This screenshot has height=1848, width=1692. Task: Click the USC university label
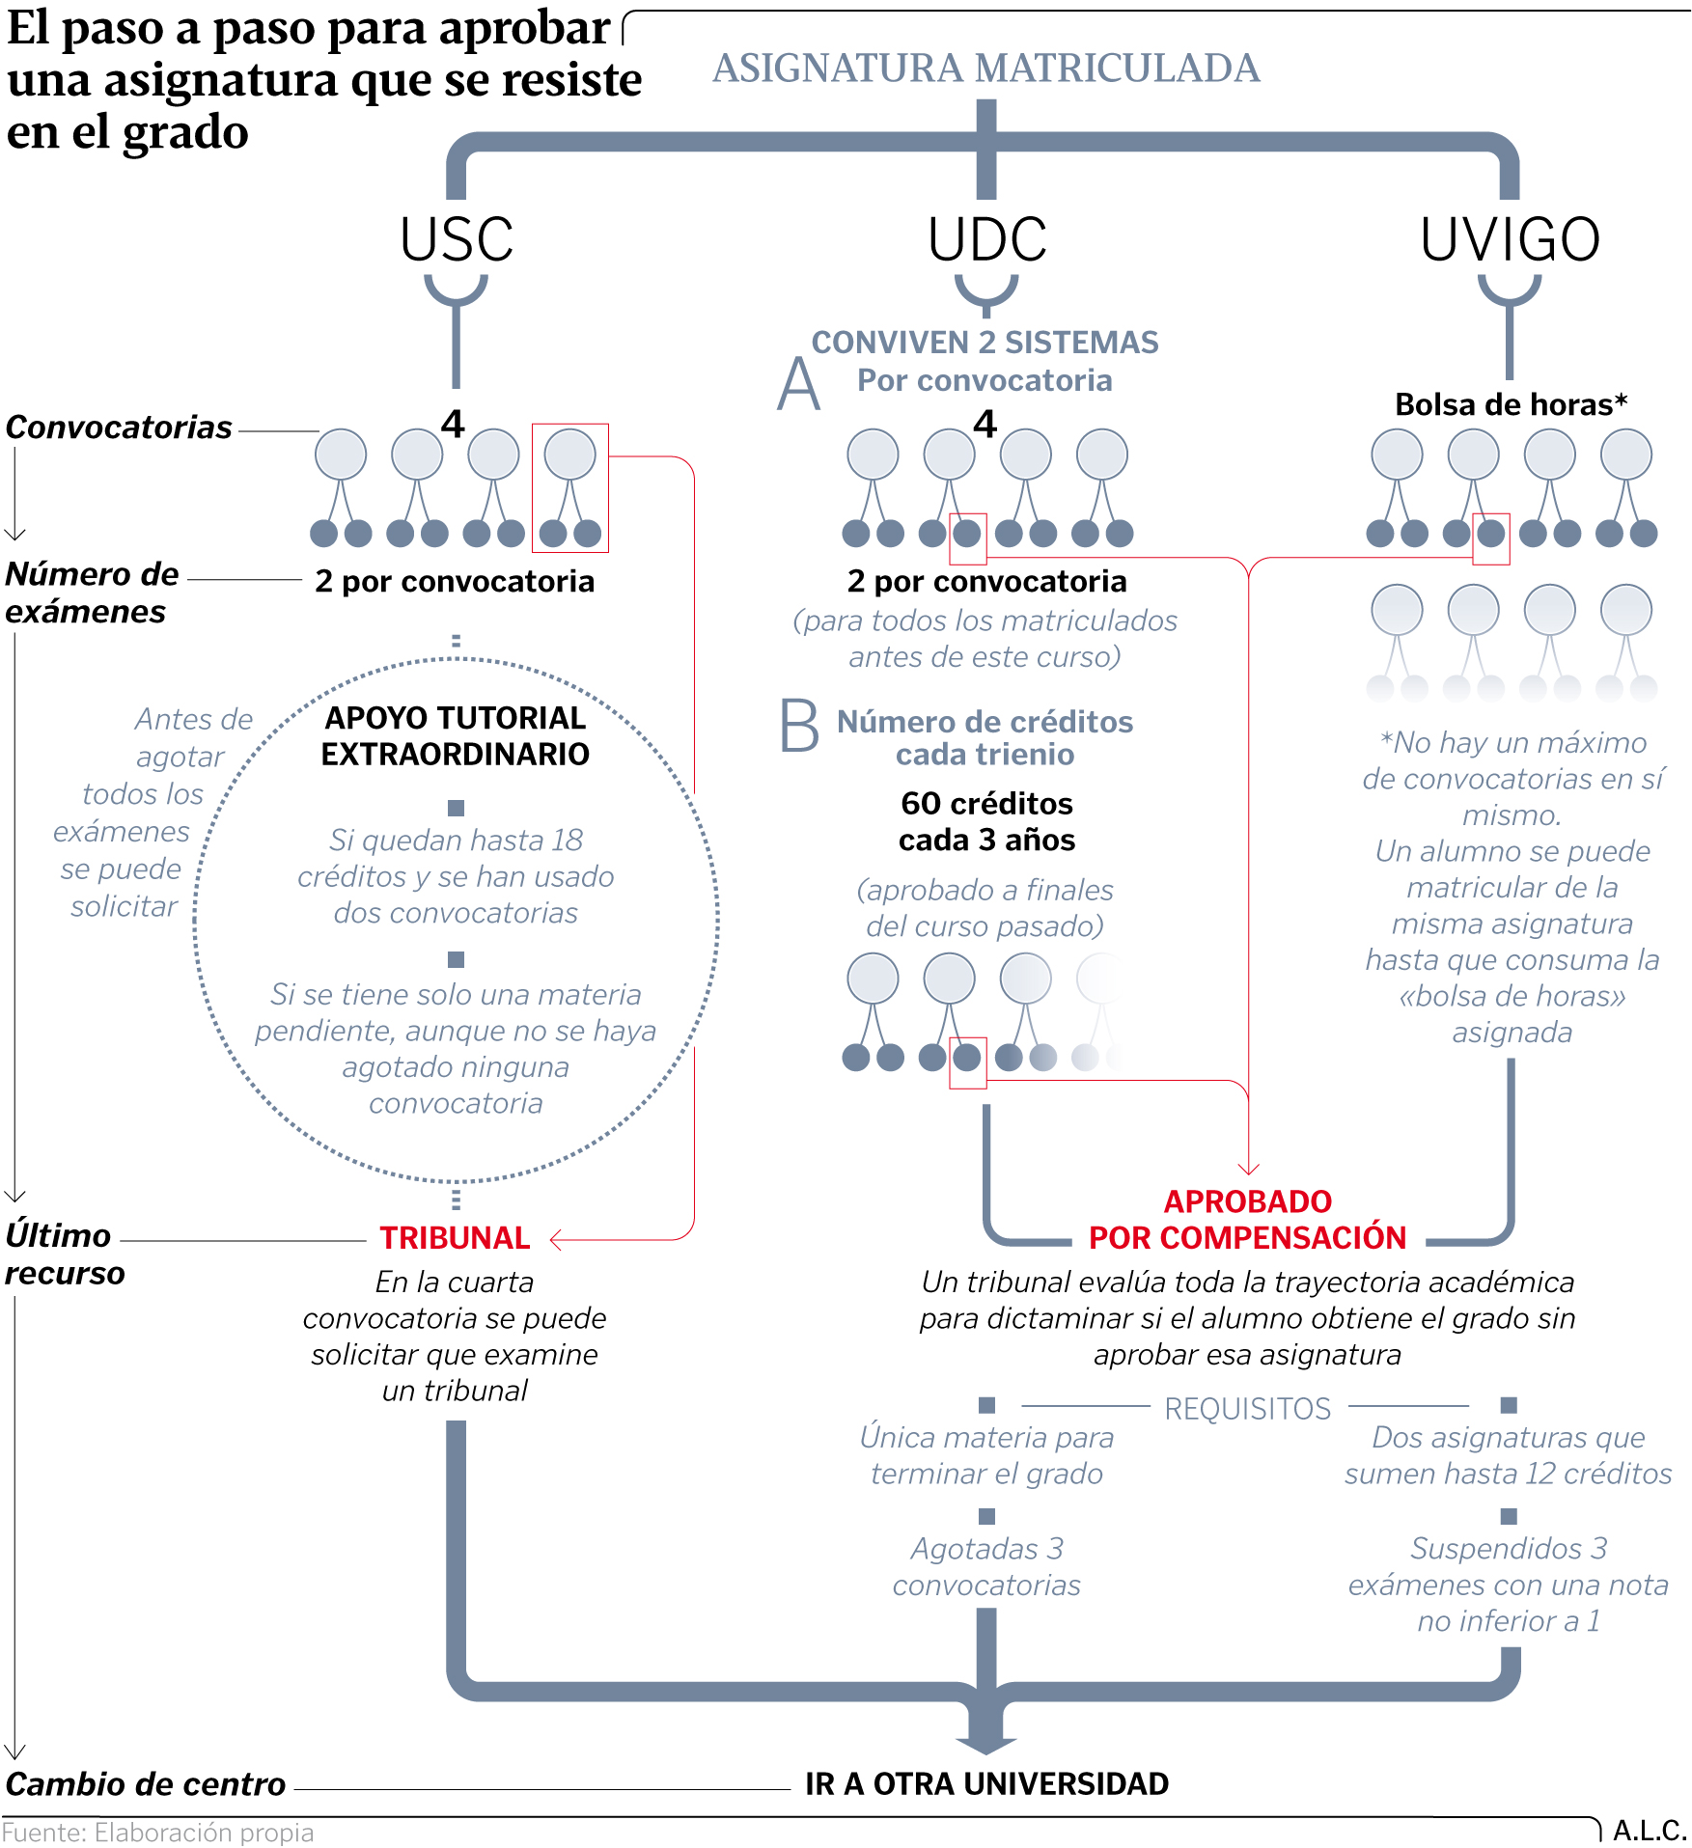click(457, 239)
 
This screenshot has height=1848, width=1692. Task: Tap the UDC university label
click(986, 239)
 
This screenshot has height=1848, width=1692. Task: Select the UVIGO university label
click(1510, 239)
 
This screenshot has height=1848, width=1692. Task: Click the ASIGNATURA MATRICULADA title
click(985, 69)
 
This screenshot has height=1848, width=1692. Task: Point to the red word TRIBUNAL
click(455, 1237)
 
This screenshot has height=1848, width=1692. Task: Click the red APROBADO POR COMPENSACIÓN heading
click(1247, 1219)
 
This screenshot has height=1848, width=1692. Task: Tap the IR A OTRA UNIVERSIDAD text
click(986, 1783)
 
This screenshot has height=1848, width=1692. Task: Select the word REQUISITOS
click(1247, 1409)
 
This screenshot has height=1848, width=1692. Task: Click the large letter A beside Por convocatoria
click(799, 384)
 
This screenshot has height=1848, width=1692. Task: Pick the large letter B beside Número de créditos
click(799, 726)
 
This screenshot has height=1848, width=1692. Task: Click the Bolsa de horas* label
click(1511, 404)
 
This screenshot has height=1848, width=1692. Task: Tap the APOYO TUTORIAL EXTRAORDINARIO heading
click(455, 735)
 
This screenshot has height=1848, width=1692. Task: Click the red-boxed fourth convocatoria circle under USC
click(570, 455)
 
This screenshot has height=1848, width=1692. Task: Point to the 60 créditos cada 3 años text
click(986, 821)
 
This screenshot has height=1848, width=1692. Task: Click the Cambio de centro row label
click(146, 1784)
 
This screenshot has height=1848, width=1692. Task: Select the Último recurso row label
click(65, 1254)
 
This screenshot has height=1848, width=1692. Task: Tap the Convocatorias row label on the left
click(119, 427)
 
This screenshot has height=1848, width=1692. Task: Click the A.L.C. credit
click(1650, 1831)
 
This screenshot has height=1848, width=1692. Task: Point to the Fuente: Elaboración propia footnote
click(158, 1833)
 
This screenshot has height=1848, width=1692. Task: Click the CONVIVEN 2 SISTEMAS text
click(985, 343)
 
